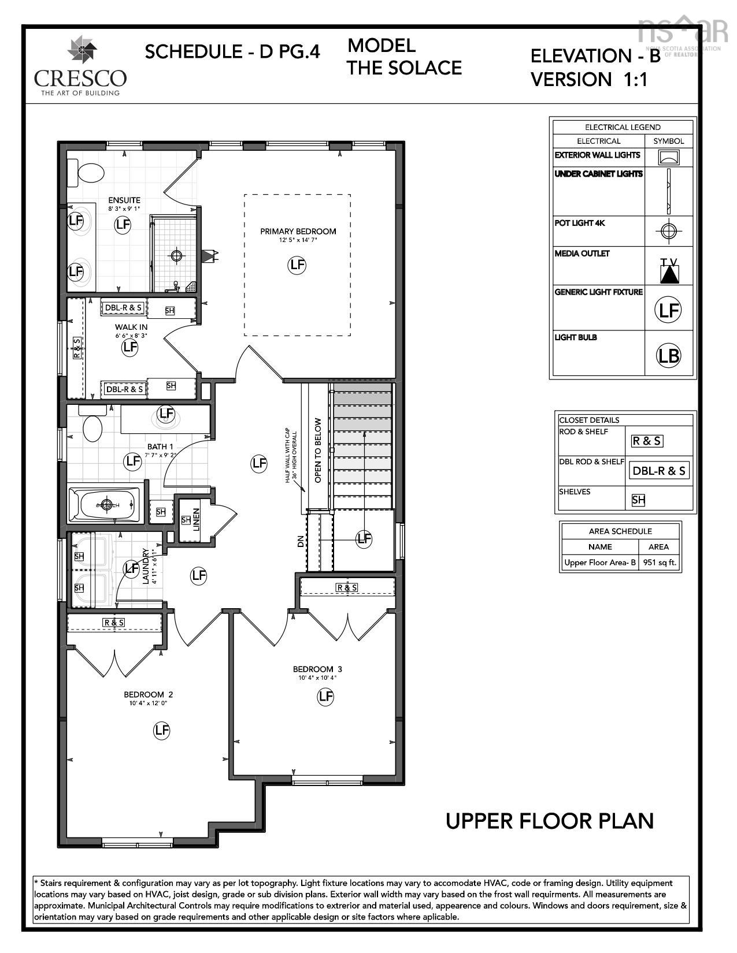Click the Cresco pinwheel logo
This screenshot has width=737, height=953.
pos(80,50)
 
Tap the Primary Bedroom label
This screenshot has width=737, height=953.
pos(298,232)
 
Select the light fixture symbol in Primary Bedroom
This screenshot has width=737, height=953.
pos(297,265)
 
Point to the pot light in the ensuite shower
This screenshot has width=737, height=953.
pos(176,254)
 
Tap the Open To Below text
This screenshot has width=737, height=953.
pos(317,451)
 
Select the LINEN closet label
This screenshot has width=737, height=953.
pos(197,519)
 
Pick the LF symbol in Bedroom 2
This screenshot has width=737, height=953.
pos(162,731)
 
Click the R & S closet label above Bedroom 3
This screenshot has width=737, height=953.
pos(347,587)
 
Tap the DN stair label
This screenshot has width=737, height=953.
pos(301,542)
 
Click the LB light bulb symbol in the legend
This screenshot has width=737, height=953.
pos(668,355)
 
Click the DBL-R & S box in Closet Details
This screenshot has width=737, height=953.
pos(658,471)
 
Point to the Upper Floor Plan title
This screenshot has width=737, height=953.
pos(549,821)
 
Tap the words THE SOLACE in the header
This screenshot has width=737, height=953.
pos(404,68)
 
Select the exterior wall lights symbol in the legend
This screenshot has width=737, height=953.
pos(669,157)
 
